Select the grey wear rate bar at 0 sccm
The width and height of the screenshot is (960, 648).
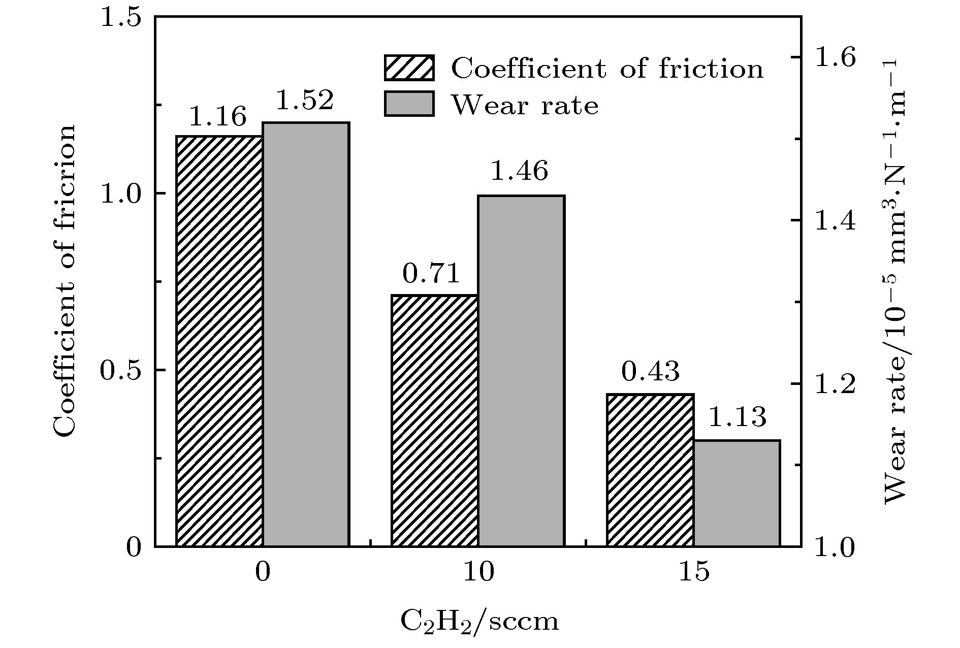[x=306, y=334]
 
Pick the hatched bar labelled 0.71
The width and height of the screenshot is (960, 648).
[x=435, y=420]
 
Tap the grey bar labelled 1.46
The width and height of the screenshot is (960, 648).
[x=521, y=371]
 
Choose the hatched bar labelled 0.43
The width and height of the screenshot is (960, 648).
[x=650, y=470]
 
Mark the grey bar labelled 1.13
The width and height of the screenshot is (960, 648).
[x=737, y=493]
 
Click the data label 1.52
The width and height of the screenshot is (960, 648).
[x=305, y=101]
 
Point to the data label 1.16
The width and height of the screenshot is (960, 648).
[x=217, y=117]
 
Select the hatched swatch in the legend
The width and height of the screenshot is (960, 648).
[x=409, y=68]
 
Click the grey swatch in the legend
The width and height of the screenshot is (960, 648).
[x=409, y=104]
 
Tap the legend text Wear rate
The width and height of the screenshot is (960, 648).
[x=525, y=106]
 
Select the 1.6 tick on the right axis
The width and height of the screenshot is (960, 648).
[x=835, y=58]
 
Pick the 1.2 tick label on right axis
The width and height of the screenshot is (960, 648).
[x=835, y=384]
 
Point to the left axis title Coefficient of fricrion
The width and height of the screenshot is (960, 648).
[x=65, y=281]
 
